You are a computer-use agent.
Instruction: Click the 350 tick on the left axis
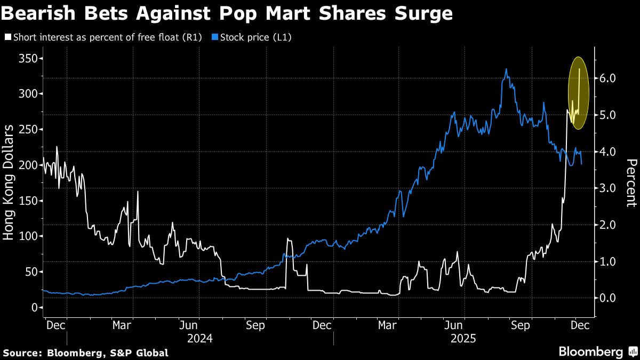(x=28, y=58)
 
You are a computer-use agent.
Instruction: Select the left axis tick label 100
(x=28, y=236)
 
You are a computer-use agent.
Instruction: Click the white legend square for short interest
(x=7, y=37)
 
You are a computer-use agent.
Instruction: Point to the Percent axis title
(x=631, y=182)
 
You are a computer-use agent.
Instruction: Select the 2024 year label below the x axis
(x=200, y=339)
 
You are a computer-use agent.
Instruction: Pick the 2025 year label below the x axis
(x=463, y=339)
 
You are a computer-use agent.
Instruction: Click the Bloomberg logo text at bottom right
(x=590, y=351)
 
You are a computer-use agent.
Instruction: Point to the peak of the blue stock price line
(x=506, y=69)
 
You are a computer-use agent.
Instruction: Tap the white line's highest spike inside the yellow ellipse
(x=579, y=69)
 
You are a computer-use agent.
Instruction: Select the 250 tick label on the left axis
(x=28, y=129)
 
